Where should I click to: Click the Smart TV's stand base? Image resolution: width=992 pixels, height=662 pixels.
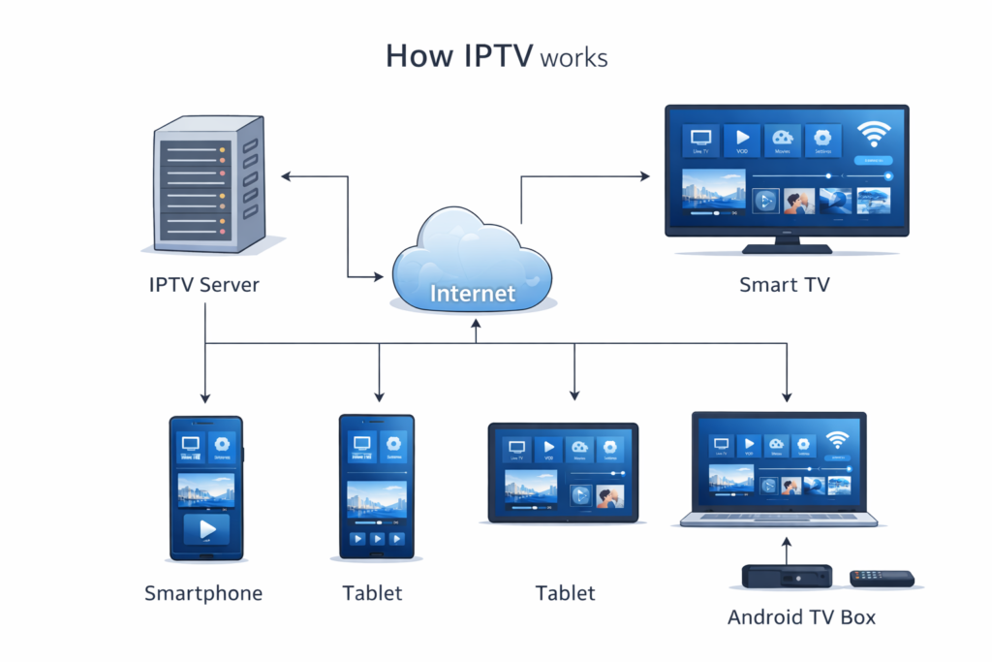[787, 249]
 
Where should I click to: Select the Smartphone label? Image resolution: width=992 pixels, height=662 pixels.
[203, 593]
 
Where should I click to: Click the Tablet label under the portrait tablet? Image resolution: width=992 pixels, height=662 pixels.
[372, 593]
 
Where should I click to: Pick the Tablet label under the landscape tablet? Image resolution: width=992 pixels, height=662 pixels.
[565, 593]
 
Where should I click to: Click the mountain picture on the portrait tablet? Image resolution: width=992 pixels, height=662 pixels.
[376, 497]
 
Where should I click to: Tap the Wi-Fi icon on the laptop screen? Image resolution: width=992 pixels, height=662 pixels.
[836, 441]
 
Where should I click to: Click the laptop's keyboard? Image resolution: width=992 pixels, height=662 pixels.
[778, 520]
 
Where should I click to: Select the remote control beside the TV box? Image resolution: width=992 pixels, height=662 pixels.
[882, 579]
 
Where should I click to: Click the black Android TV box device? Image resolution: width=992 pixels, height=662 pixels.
[787, 576]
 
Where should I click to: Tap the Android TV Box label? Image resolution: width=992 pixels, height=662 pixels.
[801, 617]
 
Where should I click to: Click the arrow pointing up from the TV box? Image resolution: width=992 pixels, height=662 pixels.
[787, 551]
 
